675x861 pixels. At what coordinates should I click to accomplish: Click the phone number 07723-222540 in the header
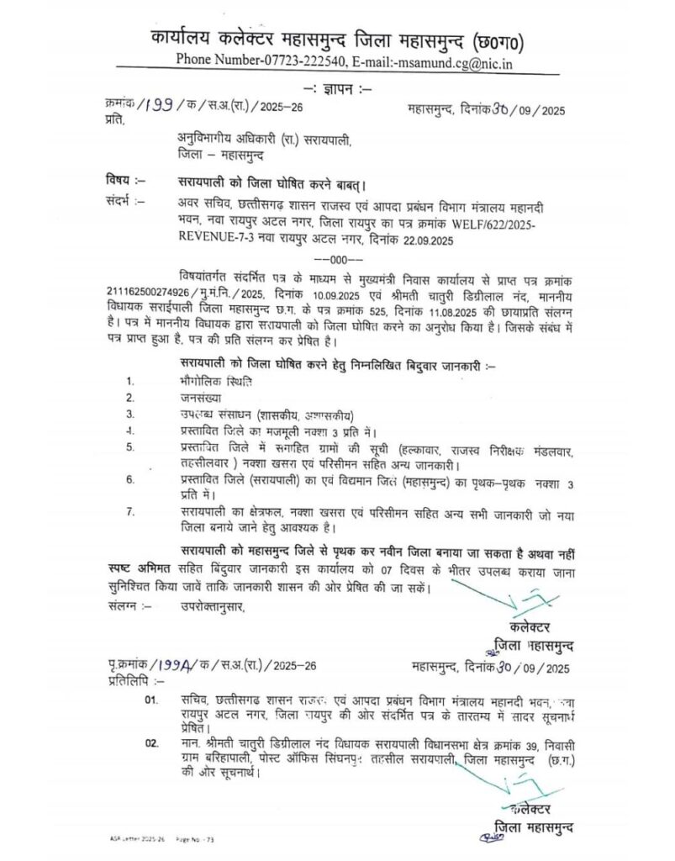pos(285,60)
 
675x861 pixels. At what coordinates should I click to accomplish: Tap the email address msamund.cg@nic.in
pos(446,60)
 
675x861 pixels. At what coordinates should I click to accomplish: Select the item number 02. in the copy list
pos(151,743)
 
